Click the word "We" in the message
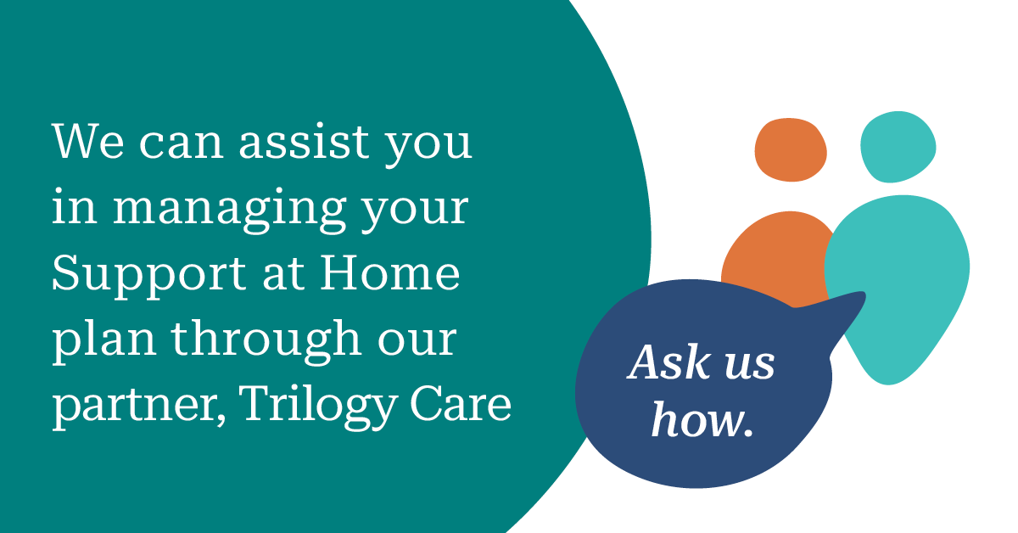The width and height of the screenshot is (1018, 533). pos(87,141)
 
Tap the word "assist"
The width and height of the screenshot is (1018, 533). pos(304,141)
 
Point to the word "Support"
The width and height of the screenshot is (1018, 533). pos(148,276)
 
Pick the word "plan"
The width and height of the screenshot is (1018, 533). pos(104,341)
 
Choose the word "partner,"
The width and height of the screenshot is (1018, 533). pos(138,407)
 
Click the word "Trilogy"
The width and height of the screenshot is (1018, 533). pos(318,406)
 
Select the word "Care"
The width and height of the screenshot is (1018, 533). pos(461,403)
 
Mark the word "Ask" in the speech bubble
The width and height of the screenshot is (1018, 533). pos(669,362)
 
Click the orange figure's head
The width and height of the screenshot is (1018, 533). pos(791,150)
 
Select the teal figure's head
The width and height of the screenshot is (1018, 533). pos(898,147)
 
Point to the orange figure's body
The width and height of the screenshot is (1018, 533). pos(777,255)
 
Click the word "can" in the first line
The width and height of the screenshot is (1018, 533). pos(182,143)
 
